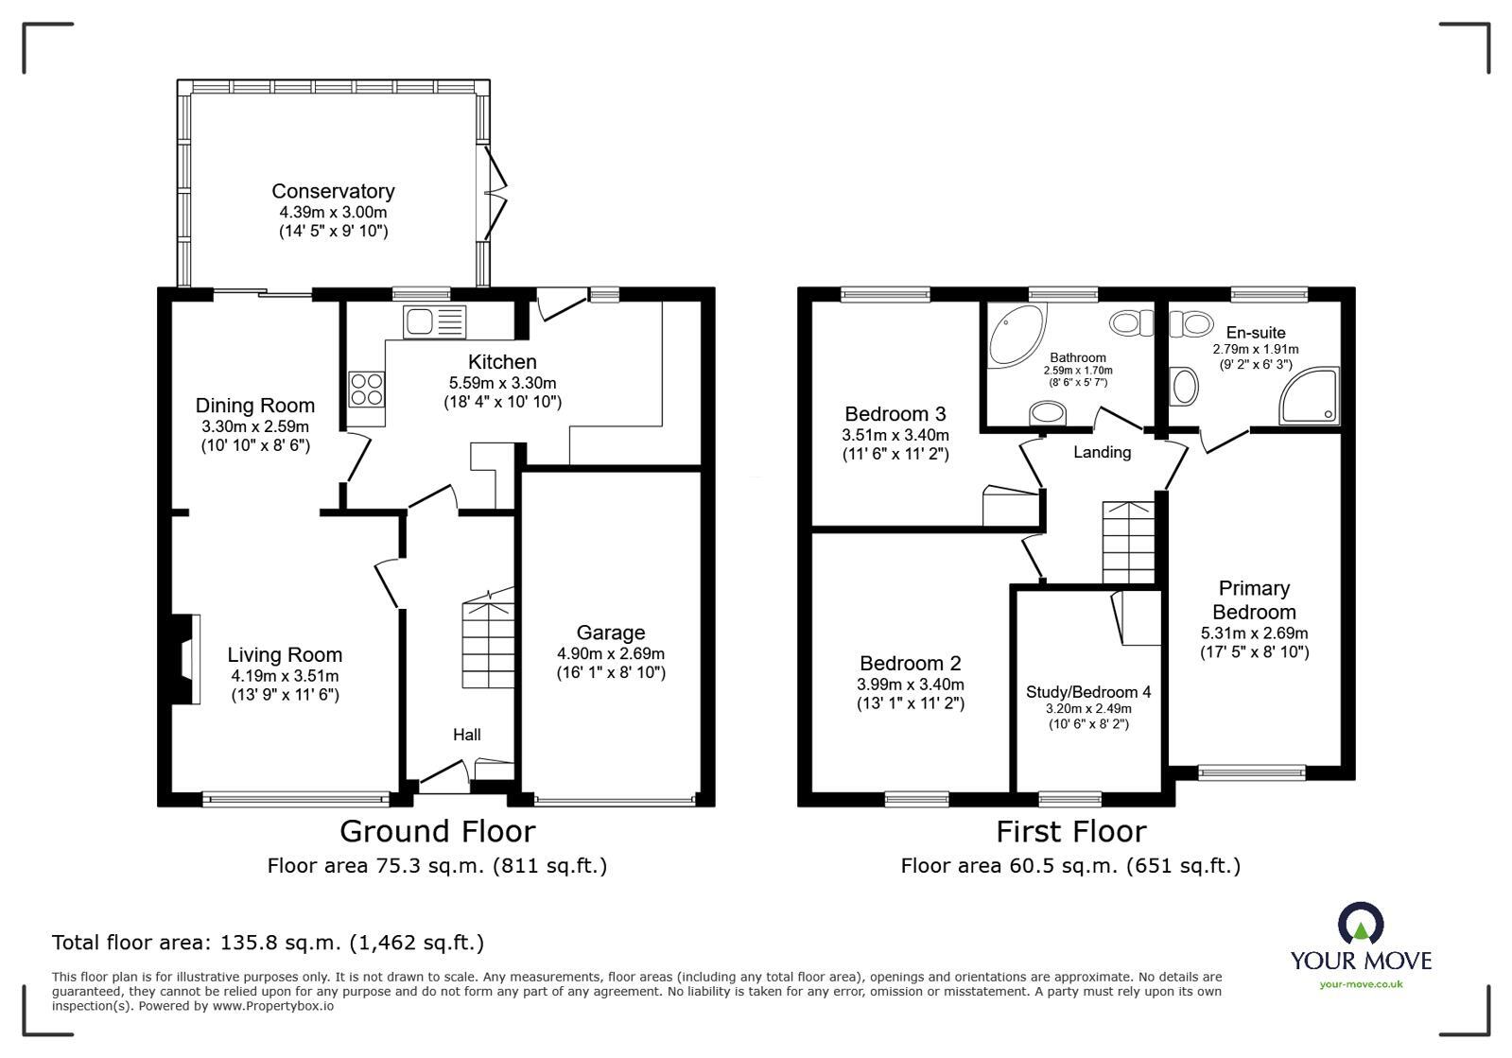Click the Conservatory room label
(333, 191)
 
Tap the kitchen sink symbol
(435, 322)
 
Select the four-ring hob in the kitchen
(368, 388)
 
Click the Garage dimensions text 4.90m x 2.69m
(611, 653)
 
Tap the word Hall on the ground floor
(466, 735)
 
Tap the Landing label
(1102, 452)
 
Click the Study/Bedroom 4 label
(1088, 692)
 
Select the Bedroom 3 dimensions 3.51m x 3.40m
(895, 435)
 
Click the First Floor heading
(1070, 831)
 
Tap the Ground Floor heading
(437, 831)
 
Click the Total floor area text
(268, 943)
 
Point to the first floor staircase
(1128, 542)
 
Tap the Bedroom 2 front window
(916, 799)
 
